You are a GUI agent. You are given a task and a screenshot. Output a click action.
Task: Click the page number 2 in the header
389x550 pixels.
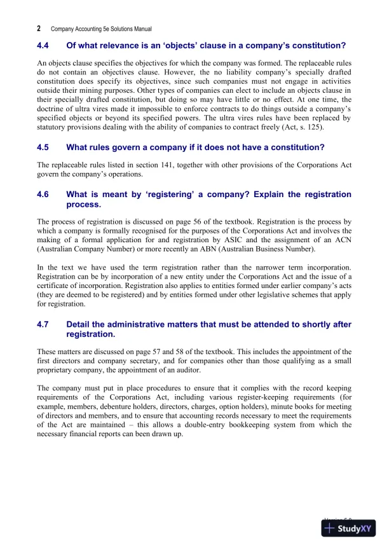coord(39,29)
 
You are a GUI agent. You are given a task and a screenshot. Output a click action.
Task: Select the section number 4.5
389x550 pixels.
coord(43,148)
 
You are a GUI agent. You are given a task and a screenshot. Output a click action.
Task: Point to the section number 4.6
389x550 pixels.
coord(43,195)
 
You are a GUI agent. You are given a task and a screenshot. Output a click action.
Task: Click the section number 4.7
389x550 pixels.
coord(43,324)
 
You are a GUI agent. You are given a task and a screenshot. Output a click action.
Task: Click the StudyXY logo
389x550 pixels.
coord(349,528)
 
